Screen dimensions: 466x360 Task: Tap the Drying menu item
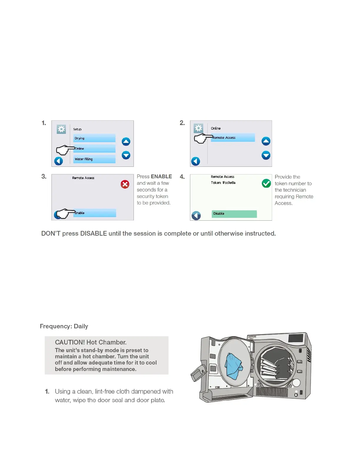pos(94,138)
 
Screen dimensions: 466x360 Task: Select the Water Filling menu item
pos(94,159)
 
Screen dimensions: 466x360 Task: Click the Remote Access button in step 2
pos(233,138)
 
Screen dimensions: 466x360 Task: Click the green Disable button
pos(234,214)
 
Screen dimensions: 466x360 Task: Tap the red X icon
pos(125,184)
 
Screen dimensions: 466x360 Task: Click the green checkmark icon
pos(266,183)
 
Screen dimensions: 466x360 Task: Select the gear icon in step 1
pos(61,129)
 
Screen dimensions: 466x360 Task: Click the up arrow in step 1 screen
pos(126,142)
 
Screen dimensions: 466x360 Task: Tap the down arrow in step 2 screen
pos(266,155)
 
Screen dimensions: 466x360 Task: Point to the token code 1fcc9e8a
pos(229,183)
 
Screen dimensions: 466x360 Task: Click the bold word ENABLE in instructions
pos(161,177)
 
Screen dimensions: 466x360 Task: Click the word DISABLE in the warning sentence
pos(94,234)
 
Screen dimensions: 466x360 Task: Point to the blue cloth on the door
pos(234,366)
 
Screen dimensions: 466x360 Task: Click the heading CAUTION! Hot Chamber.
pos(91,342)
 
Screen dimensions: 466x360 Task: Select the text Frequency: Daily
pos(64,326)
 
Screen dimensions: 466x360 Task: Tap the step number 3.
pos(44,177)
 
